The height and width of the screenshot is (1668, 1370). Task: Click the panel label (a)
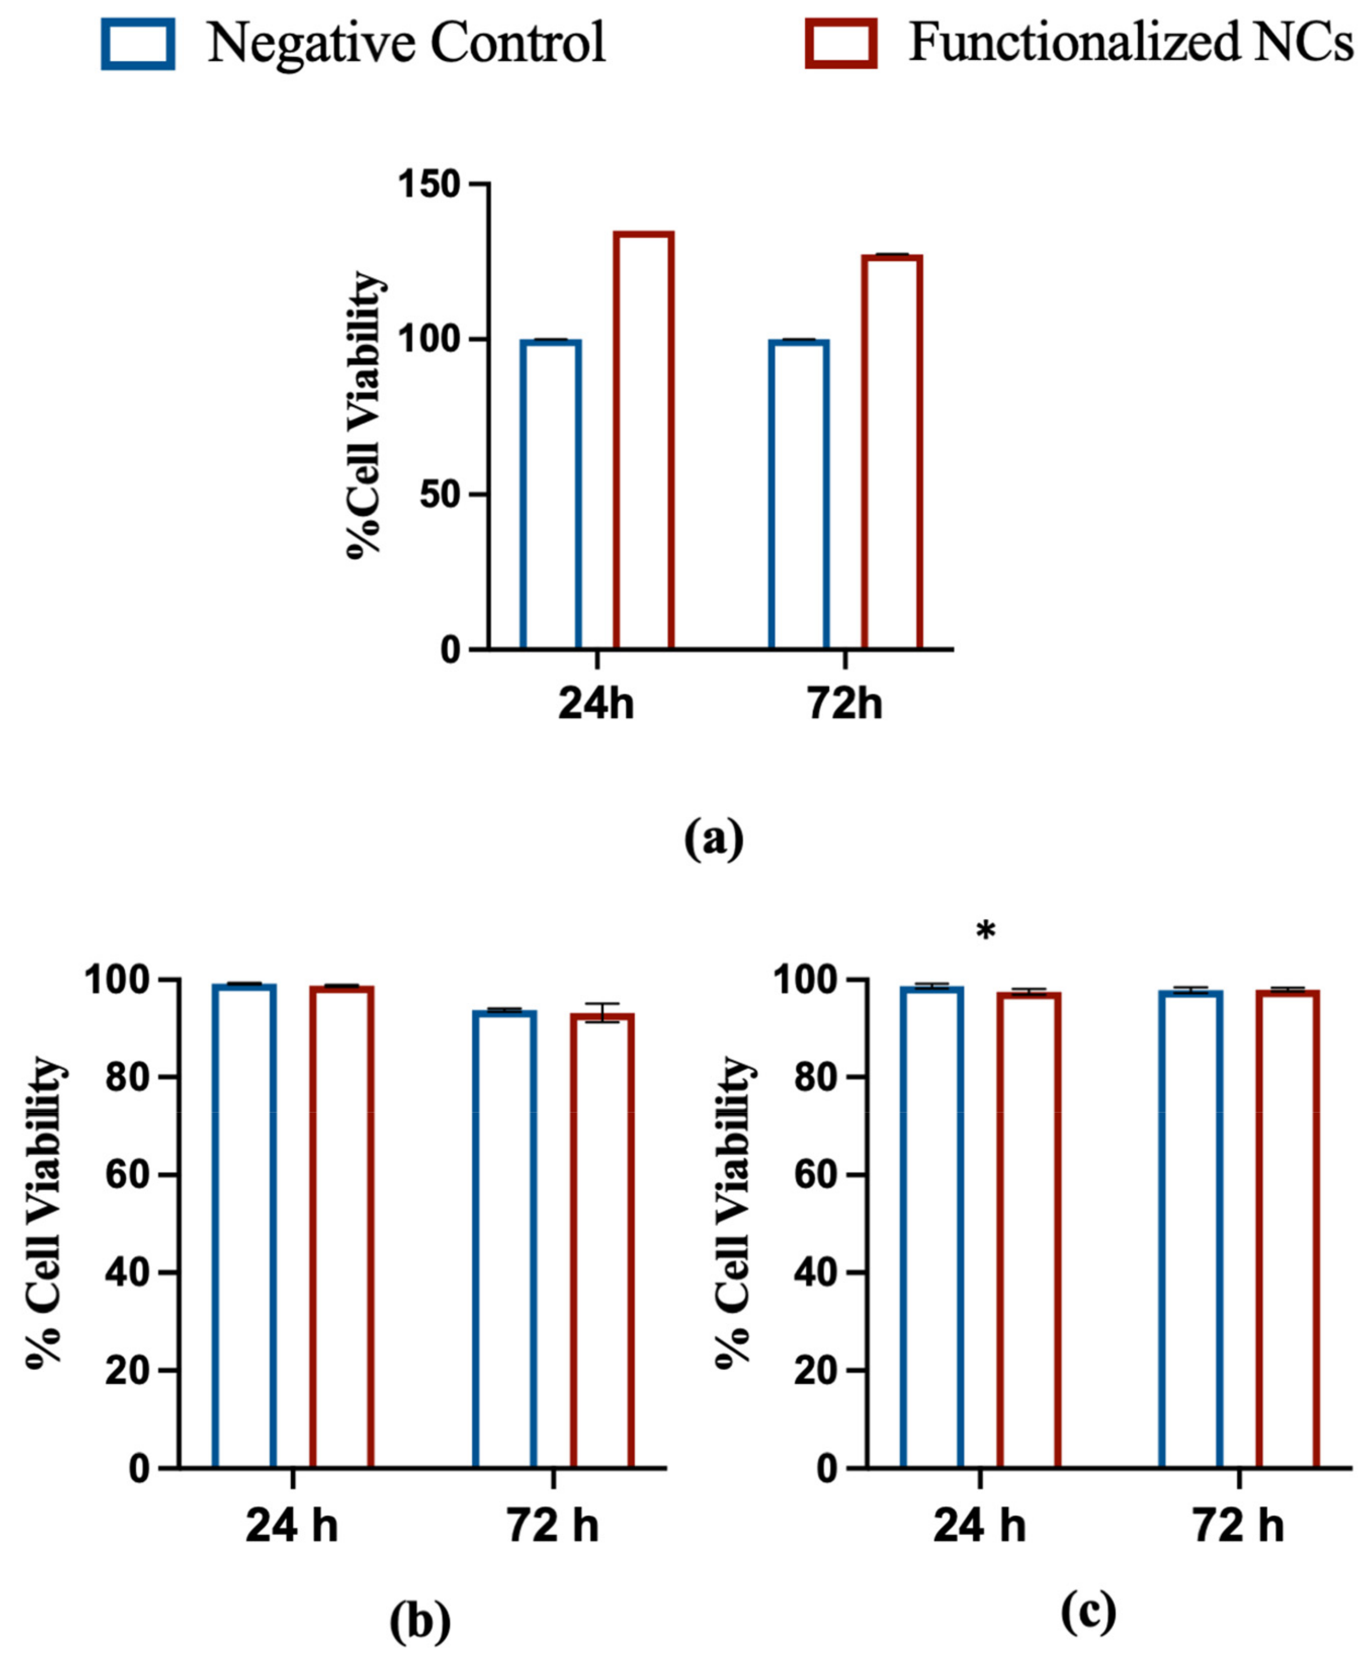point(713,839)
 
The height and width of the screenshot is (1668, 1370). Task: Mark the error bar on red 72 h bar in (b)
point(602,1013)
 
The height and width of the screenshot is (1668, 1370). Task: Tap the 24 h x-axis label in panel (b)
point(292,1527)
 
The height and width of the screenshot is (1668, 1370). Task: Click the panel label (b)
point(420,1624)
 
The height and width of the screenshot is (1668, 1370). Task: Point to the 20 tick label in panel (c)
point(817,1372)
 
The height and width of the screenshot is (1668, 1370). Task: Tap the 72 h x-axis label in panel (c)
point(1238,1527)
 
